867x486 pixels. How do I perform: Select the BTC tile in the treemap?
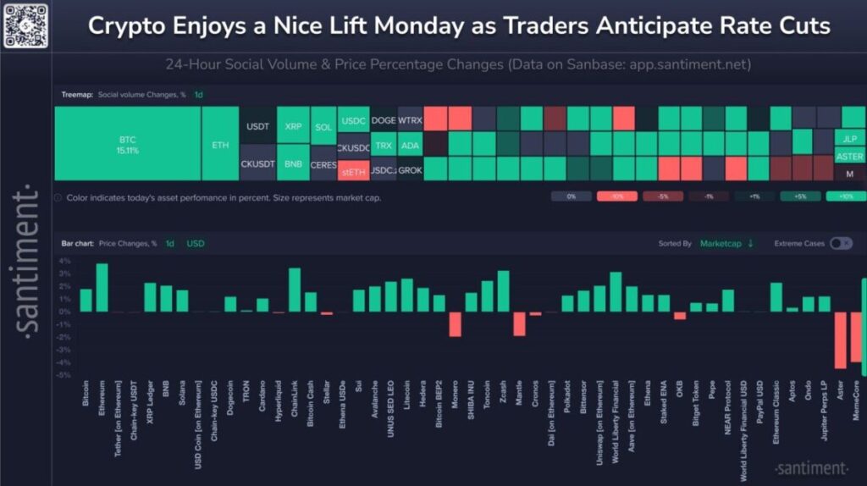click(x=128, y=144)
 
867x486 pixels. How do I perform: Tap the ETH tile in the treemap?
click(x=220, y=144)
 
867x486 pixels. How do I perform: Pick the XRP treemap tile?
click(x=293, y=126)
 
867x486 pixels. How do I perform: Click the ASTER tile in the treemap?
click(x=849, y=157)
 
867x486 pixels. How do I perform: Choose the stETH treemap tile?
click(x=352, y=171)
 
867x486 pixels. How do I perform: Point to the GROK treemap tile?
click(x=410, y=170)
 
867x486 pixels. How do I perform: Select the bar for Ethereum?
click(x=102, y=288)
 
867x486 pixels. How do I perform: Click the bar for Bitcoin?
click(x=86, y=301)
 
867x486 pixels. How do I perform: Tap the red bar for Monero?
click(x=455, y=324)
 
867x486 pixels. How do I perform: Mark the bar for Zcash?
click(x=503, y=291)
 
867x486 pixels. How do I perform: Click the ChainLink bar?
click(x=295, y=290)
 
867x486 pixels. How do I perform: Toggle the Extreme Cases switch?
click(x=840, y=244)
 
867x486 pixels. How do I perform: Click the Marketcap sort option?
click(x=721, y=244)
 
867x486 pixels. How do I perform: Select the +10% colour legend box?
click(x=845, y=196)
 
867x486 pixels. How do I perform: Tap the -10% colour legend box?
click(x=616, y=196)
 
